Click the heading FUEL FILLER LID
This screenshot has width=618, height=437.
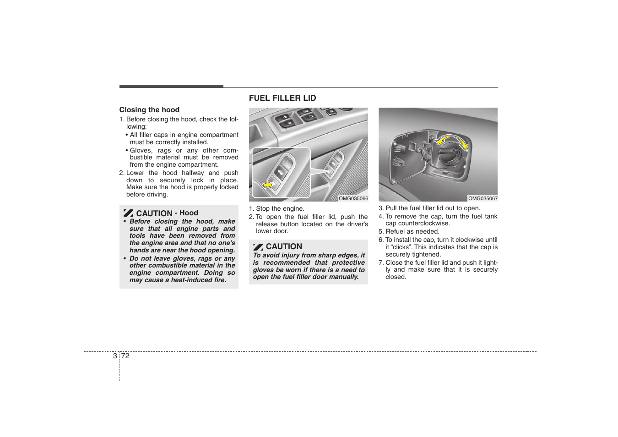282,98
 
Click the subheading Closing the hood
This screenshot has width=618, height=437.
149,110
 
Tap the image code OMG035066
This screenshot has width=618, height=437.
353,199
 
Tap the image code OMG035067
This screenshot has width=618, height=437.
482,199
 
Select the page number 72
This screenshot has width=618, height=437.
125,356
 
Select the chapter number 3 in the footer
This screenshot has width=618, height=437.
115,356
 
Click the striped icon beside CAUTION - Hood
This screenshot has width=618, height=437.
128,213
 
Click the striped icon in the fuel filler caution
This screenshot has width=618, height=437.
258,247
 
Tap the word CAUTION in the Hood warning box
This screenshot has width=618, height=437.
154,213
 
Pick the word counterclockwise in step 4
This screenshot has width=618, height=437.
424,224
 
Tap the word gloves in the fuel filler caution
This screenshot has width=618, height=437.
264,270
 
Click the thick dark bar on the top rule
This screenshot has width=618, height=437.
171,86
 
